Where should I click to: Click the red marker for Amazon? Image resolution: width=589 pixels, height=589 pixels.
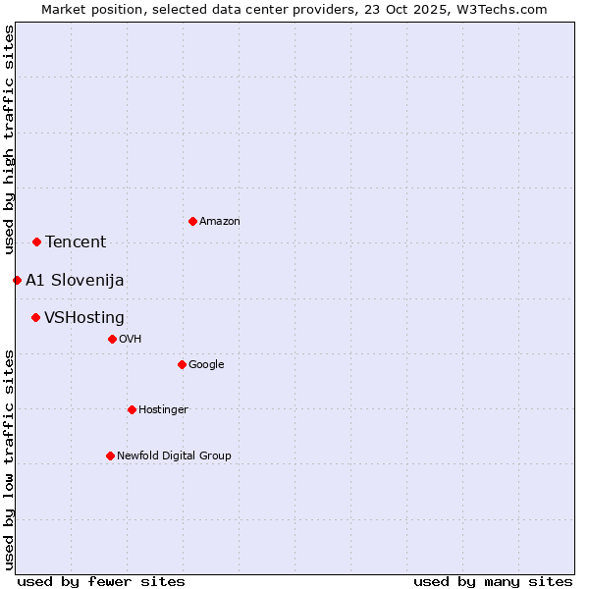[192, 221]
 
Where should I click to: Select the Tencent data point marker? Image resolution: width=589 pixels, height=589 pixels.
[36, 241]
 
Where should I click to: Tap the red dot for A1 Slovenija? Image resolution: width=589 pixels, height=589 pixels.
[17, 280]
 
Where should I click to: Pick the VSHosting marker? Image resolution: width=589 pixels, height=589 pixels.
[35, 317]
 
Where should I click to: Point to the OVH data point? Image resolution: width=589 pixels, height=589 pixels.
[112, 339]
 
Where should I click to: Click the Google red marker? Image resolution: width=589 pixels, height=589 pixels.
[182, 364]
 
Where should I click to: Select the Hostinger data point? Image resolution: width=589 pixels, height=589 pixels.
[132, 409]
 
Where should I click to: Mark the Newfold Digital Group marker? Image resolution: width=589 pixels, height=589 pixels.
[110, 455]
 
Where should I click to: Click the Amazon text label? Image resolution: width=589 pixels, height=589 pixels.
[219, 222]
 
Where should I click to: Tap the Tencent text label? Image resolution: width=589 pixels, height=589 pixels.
[76, 242]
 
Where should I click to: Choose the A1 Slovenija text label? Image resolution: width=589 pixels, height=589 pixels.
[75, 281]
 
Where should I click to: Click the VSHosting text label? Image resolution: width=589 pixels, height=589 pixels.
[84, 318]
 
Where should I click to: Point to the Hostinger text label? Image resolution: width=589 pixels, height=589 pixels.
[163, 410]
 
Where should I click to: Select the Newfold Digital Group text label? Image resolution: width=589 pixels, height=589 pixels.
[174, 456]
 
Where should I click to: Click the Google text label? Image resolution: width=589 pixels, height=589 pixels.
[206, 365]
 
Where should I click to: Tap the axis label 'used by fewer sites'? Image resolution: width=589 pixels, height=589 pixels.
[101, 581]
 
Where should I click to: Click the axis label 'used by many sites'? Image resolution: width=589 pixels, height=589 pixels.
[493, 581]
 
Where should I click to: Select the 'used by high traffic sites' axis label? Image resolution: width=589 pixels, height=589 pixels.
[9, 139]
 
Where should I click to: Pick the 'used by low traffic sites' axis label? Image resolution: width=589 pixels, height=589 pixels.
[9, 458]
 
